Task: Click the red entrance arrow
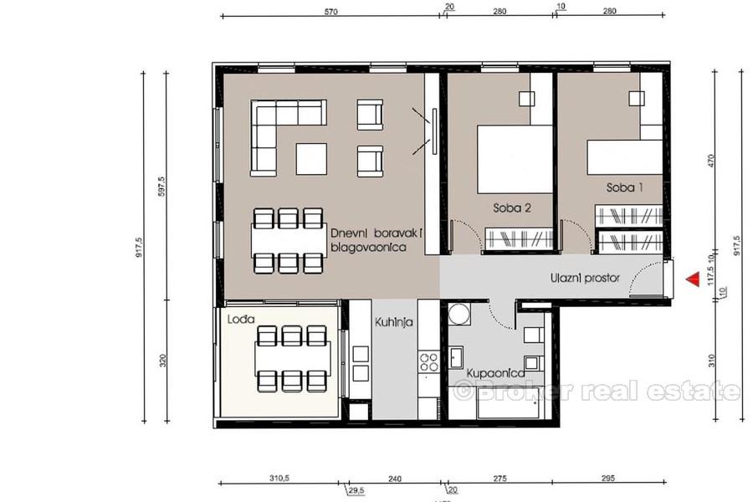click(x=691, y=279)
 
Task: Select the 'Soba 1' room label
click(x=626, y=189)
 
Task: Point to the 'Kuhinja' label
click(x=393, y=320)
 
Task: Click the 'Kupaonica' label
click(x=496, y=373)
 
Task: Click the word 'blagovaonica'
click(x=368, y=248)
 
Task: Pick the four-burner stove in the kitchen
click(x=428, y=362)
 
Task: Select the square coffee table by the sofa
click(x=310, y=159)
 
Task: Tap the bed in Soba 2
click(x=515, y=159)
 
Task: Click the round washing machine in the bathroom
click(x=458, y=315)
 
